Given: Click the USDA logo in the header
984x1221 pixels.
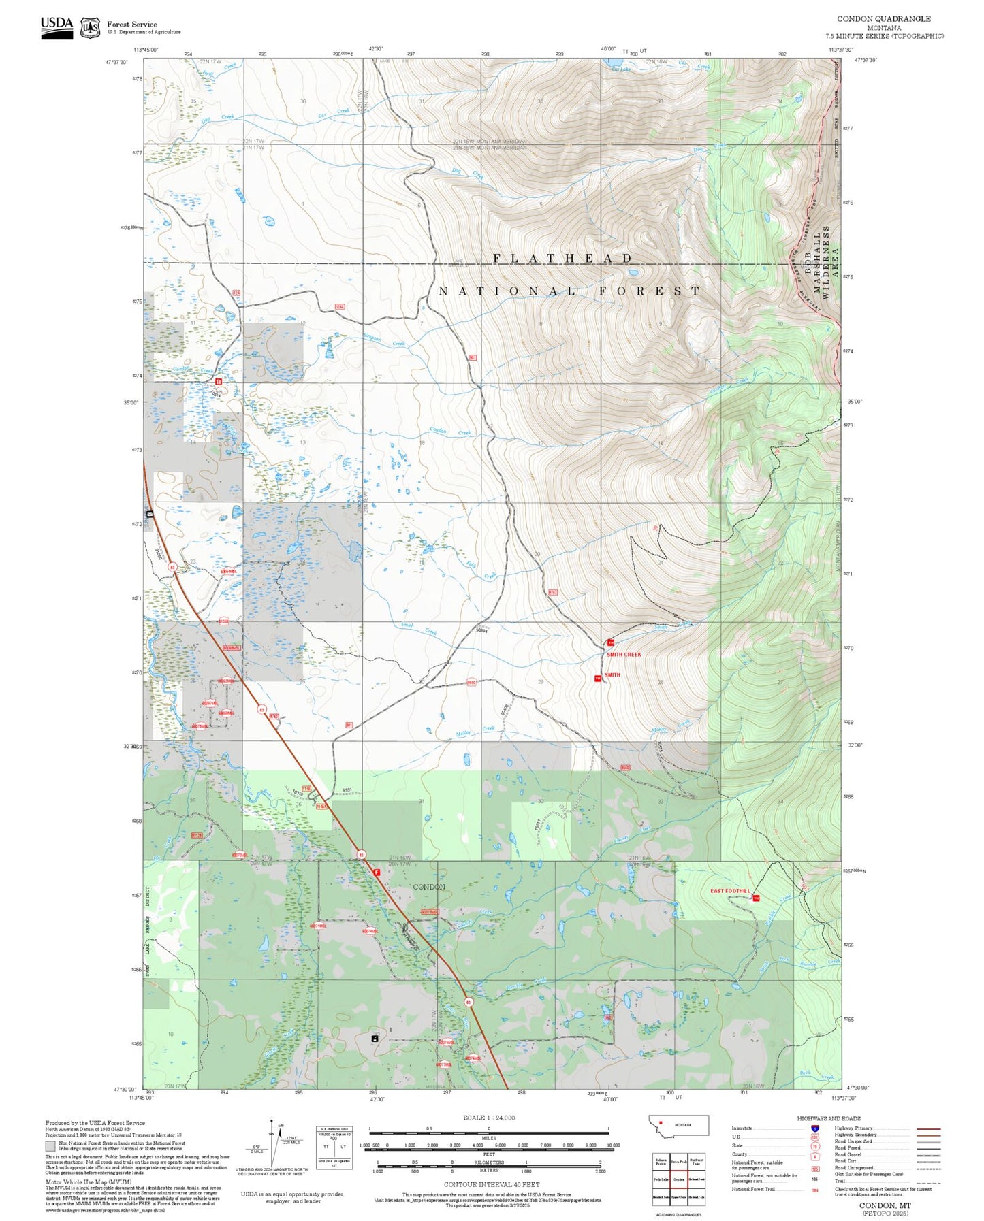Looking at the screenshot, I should (x=57, y=27).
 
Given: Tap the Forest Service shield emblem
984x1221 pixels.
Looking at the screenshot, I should (x=90, y=28).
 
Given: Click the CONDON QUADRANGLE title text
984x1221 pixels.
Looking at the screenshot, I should (x=883, y=18).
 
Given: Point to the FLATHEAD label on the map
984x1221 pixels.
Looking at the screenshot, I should (x=562, y=258).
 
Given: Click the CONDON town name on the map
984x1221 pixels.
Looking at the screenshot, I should (x=429, y=887).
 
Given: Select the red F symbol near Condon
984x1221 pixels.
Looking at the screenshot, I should (x=377, y=872).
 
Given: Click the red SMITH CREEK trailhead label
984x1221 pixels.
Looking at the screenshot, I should (x=623, y=654).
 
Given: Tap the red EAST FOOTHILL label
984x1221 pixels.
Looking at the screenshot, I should (x=729, y=891).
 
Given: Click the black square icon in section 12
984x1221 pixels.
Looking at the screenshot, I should (x=374, y=1039).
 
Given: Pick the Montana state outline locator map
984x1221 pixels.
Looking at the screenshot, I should (x=679, y=1124).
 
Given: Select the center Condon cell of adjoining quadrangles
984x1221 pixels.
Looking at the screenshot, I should (x=679, y=1179).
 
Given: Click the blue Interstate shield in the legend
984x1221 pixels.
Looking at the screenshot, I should (x=814, y=1128).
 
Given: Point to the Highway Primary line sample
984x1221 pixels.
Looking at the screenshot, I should (x=928, y=1128).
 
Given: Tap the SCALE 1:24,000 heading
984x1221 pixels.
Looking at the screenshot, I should (x=488, y=1118).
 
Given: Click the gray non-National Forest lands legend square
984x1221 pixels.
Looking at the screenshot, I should (x=50, y=1146).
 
